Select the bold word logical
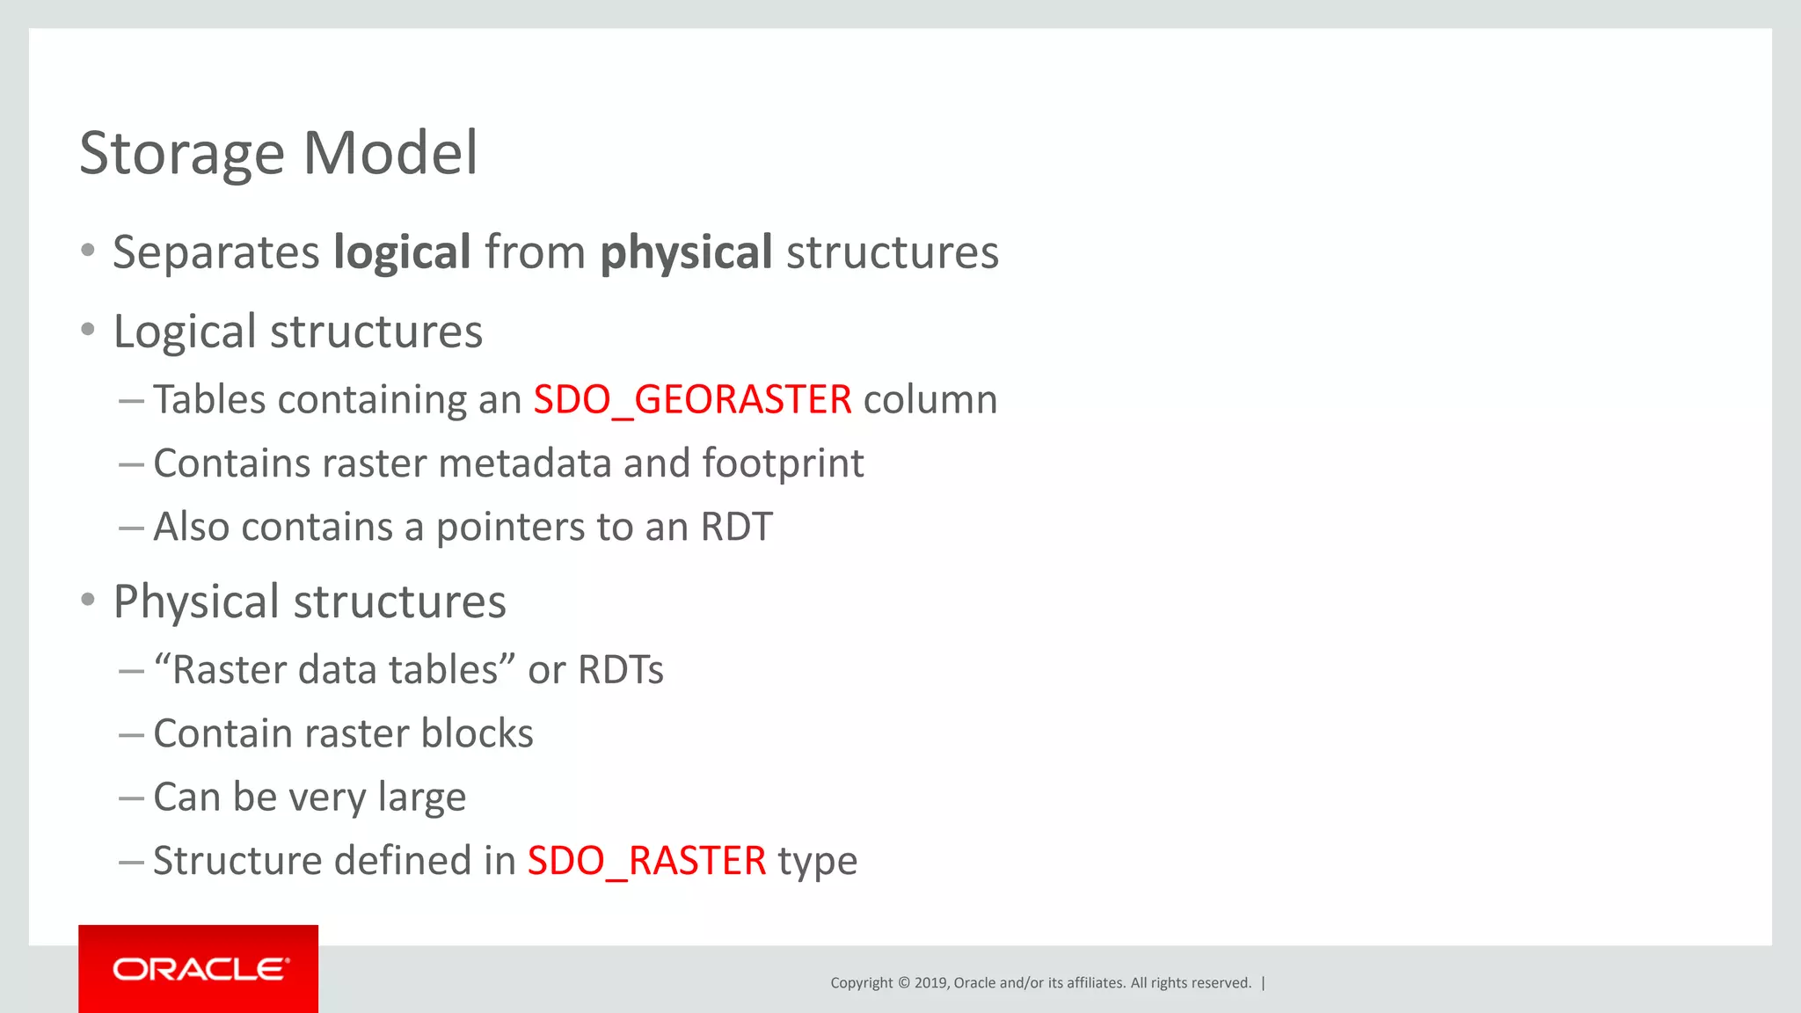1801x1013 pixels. pyautogui.click(x=402, y=253)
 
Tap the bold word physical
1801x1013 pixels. pyautogui.click(x=686, y=253)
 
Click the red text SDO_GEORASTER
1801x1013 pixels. pyautogui.click(x=692, y=400)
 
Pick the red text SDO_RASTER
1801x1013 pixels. pyautogui.click(x=646, y=861)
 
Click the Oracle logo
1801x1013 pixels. pyautogui.click(x=199, y=969)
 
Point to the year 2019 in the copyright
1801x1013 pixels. pyautogui.click(x=930, y=983)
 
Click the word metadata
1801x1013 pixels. pyautogui.click(x=524, y=463)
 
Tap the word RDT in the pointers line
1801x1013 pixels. pyautogui.click(x=736, y=528)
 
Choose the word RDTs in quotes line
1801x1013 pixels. pyautogui.click(x=620, y=670)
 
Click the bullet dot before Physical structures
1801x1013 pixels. pyautogui.click(x=87, y=600)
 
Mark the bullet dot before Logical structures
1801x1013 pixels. pyautogui.click(x=87, y=330)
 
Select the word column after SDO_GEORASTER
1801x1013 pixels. pyautogui.click(x=930, y=400)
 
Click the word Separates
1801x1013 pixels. pyautogui.click(x=215, y=253)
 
